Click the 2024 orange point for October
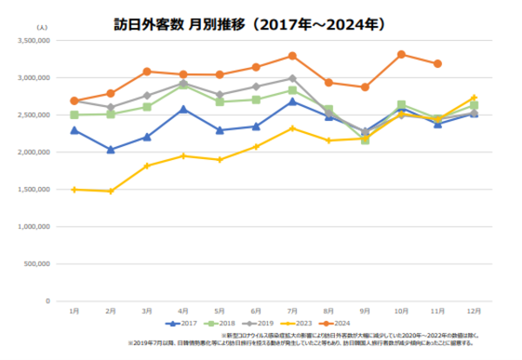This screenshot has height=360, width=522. pyautogui.click(x=401, y=54)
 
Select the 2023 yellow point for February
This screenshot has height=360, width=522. pyautogui.click(x=110, y=191)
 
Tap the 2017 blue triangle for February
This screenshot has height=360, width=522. pyautogui.click(x=110, y=150)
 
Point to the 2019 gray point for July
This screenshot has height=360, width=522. pyautogui.click(x=292, y=78)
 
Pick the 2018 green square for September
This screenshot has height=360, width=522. pyautogui.click(x=365, y=139)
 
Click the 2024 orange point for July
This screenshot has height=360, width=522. pyautogui.click(x=292, y=56)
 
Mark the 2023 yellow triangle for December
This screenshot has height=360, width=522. pyautogui.click(x=473, y=97)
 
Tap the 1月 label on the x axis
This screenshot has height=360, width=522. pyautogui.click(x=74, y=310)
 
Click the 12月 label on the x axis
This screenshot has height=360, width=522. pyautogui.click(x=473, y=310)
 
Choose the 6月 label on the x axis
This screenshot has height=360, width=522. pyautogui.click(x=256, y=310)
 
